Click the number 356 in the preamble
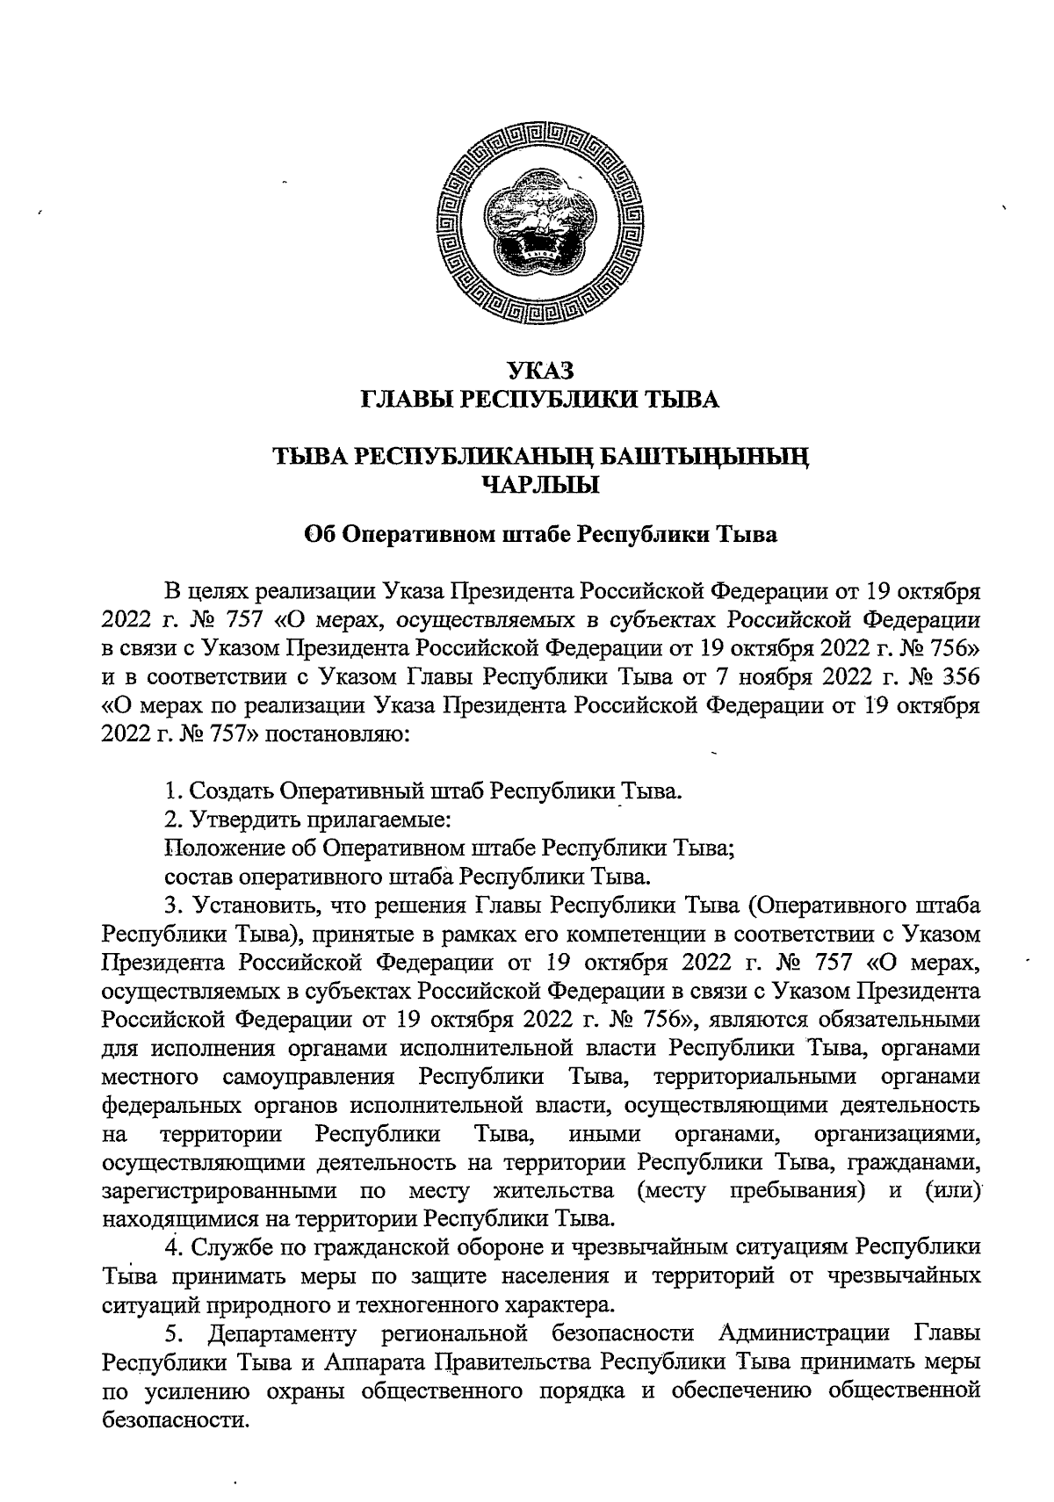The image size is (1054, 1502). pyautogui.click(x=956, y=679)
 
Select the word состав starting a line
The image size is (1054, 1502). pyautogui.click(x=199, y=876)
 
